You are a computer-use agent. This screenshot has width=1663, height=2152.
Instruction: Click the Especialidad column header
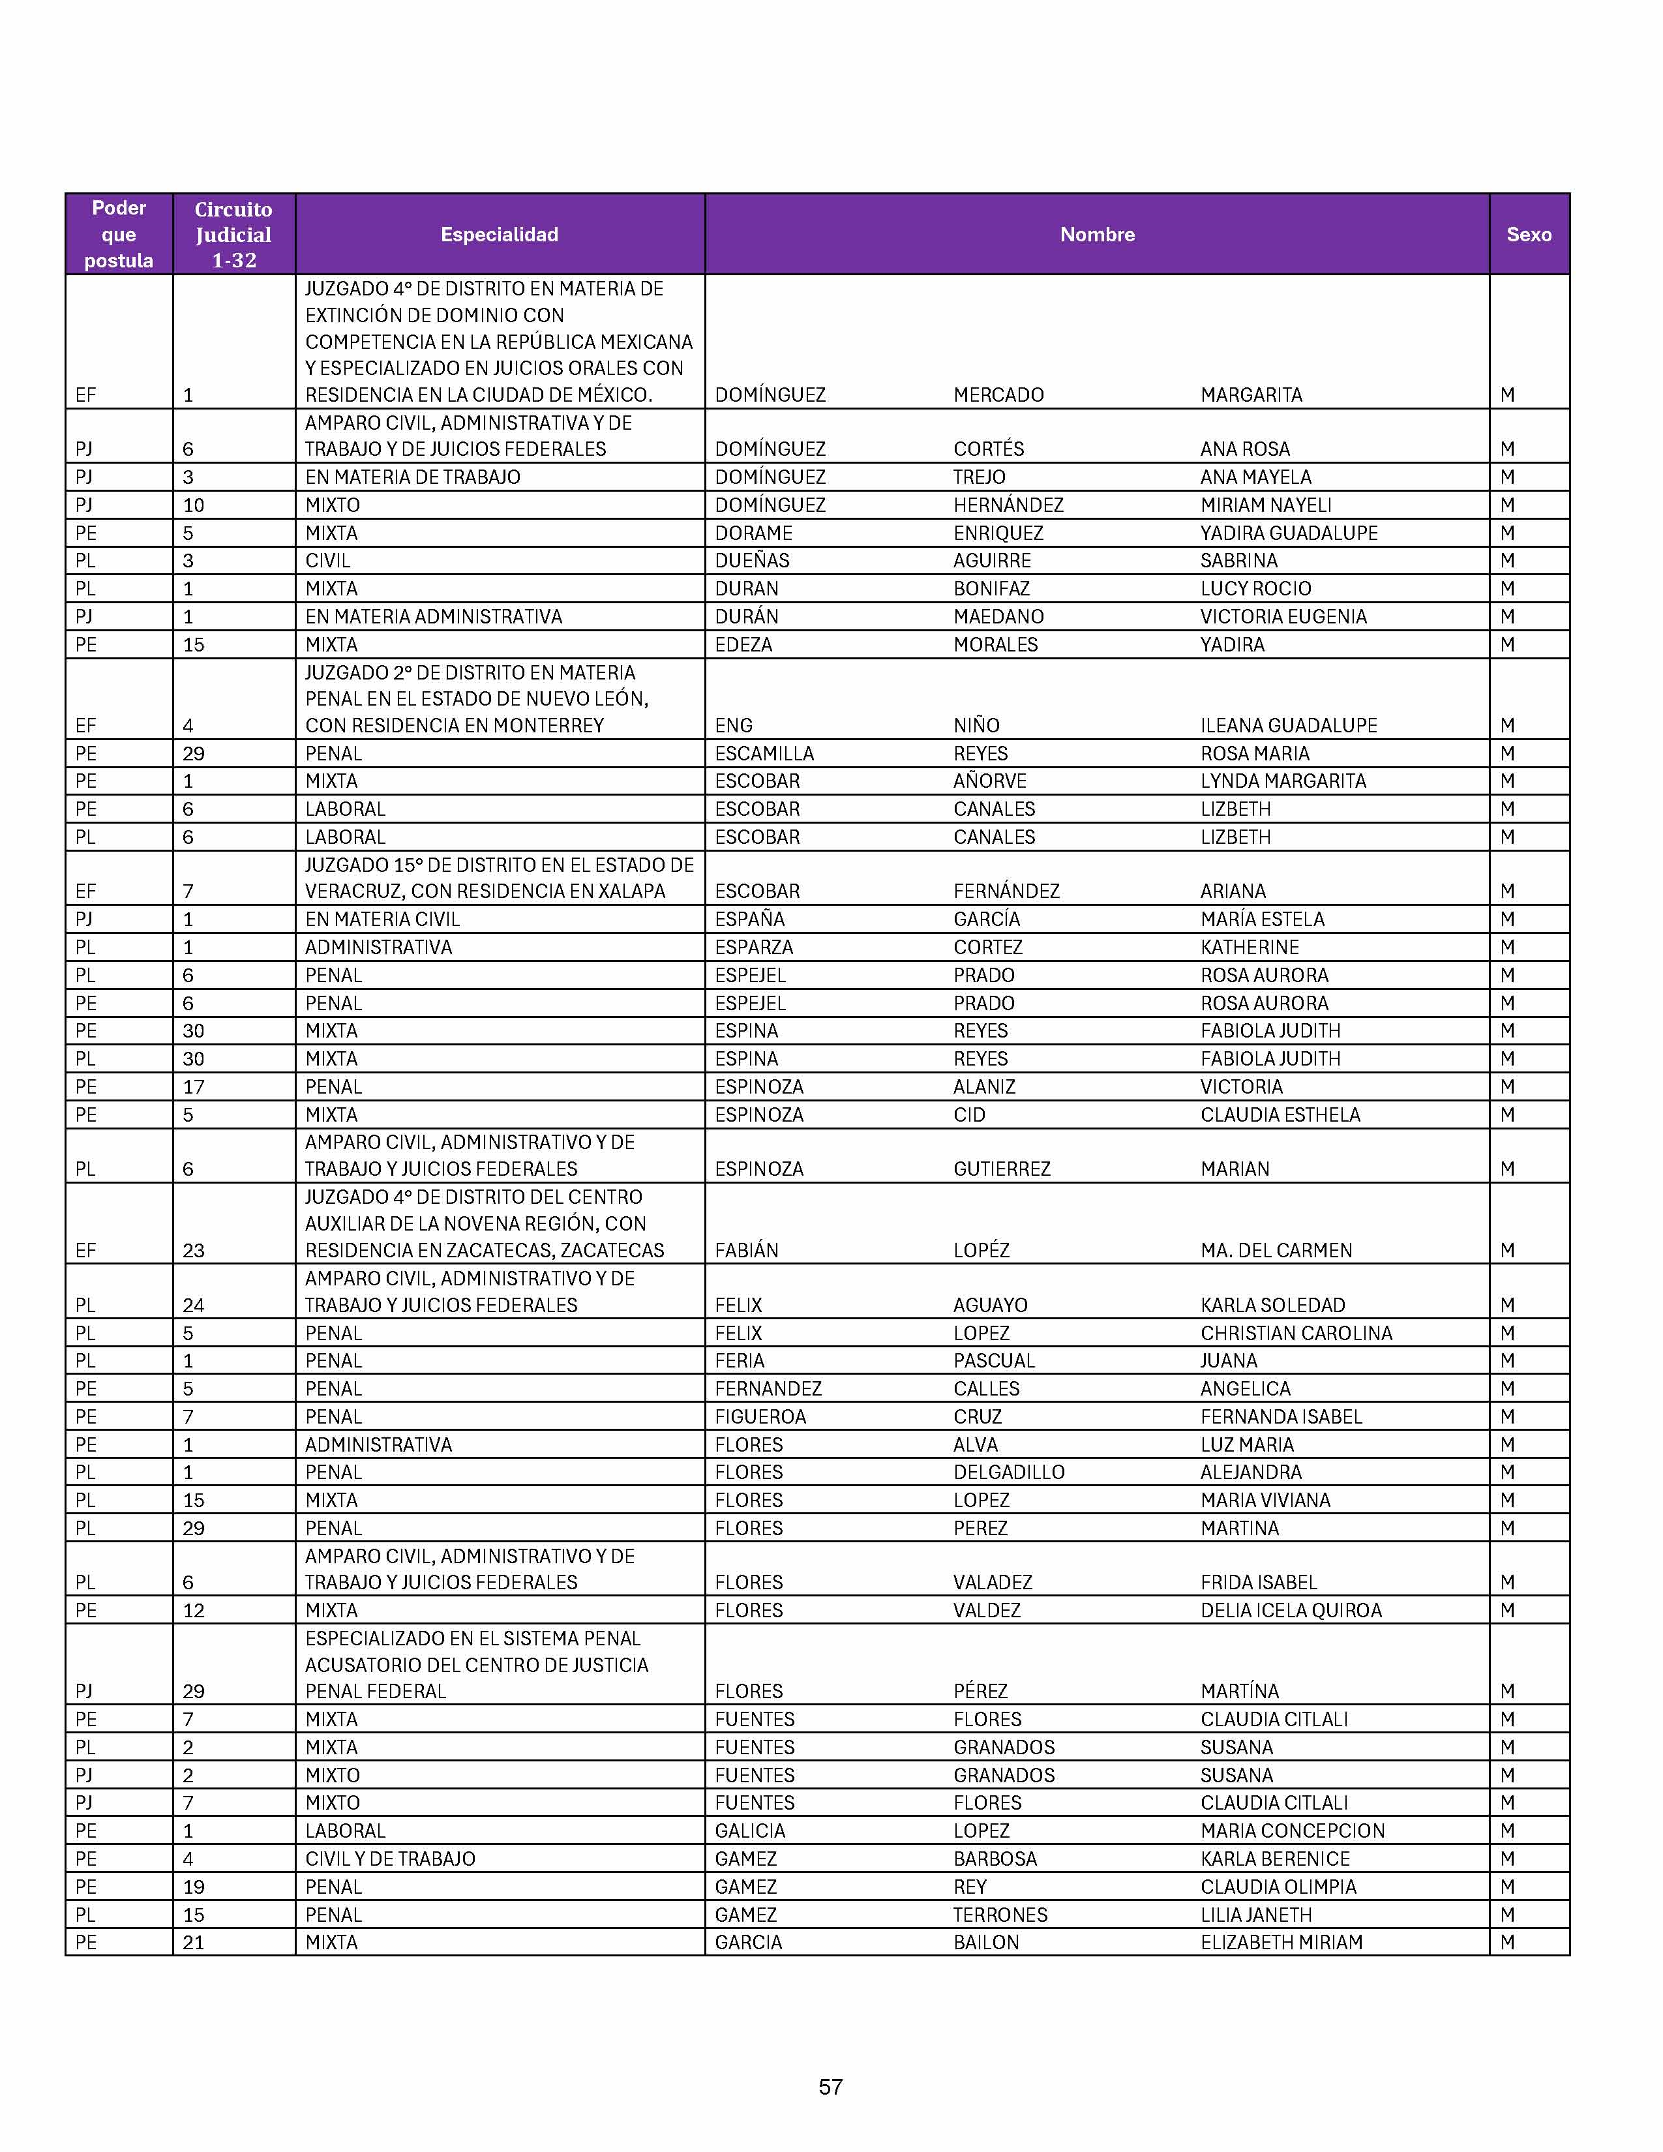click(500, 235)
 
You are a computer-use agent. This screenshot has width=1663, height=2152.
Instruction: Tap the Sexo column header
click(1528, 235)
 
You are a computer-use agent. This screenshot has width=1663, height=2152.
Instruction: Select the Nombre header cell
click(1096, 235)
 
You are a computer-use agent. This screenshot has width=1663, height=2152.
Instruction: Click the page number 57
click(830, 2086)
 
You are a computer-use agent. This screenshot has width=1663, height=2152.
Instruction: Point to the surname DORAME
click(754, 533)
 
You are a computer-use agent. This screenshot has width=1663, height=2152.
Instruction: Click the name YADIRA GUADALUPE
click(1289, 533)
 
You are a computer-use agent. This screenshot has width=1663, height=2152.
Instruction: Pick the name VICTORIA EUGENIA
click(1283, 617)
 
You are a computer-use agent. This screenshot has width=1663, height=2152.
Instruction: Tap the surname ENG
click(734, 725)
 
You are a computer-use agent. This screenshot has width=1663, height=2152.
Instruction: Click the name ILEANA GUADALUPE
click(1289, 725)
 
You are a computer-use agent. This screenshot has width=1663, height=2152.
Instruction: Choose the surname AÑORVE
click(989, 781)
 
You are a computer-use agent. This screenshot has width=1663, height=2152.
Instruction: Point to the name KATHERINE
click(1250, 947)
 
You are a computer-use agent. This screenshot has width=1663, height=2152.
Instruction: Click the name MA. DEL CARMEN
click(1276, 1250)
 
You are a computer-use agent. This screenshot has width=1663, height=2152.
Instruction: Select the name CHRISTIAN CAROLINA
click(1296, 1333)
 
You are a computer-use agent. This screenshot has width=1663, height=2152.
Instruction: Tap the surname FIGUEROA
click(760, 1417)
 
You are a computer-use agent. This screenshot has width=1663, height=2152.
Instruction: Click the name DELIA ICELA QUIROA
click(1291, 1610)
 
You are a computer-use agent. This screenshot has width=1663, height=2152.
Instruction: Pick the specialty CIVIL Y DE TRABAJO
click(390, 1859)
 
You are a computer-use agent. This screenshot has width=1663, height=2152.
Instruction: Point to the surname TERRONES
click(1000, 1915)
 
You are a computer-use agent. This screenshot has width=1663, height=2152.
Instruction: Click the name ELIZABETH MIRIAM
click(1281, 1942)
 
